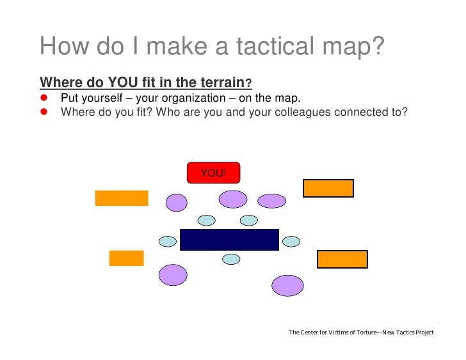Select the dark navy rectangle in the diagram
pos(229,239)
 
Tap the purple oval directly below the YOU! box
pos(232,199)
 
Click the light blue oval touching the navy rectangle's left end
pos(167,241)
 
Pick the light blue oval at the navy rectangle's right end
pos(291,241)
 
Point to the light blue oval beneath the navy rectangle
pos(231,259)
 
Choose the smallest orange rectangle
pos(126,258)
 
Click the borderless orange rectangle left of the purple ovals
pos(122,198)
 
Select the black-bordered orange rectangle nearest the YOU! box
pos(328,188)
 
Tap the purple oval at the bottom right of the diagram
pos(287,285)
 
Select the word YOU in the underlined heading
pos(122,82)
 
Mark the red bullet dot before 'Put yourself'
pos(45,98)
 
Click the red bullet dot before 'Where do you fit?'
pos(45,111)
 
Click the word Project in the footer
pos(421,333)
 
